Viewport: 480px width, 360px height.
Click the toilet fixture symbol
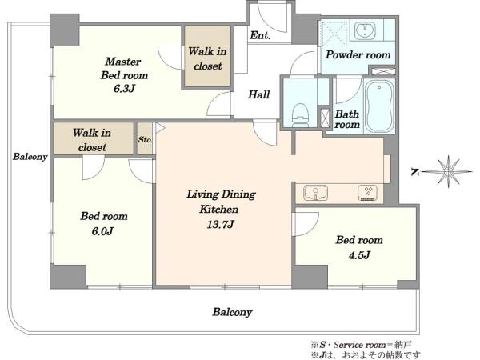[300, 115]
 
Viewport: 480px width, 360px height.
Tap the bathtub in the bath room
[379, 106]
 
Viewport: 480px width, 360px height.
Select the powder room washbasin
[366, 30]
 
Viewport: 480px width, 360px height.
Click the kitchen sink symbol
[316, 193]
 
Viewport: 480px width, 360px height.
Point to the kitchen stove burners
[369, 193]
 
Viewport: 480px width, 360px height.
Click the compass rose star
[448, 172]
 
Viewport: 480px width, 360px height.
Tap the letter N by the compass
[415, 172]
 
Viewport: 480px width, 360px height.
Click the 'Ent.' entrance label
[260, 35]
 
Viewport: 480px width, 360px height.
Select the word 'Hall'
[258, 94]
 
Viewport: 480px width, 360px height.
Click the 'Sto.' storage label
[145, 139]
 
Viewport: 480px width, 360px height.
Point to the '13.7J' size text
[220, 225]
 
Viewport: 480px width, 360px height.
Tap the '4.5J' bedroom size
[359, 255]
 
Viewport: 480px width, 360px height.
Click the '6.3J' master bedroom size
[124, 89]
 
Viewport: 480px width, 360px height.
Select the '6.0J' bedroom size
[103, 231]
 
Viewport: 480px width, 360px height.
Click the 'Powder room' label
[358, 54]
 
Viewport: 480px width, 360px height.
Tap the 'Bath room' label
[347, 119]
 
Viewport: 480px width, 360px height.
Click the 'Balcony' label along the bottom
[232, 312]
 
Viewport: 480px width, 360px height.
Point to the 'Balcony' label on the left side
[30, 157]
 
